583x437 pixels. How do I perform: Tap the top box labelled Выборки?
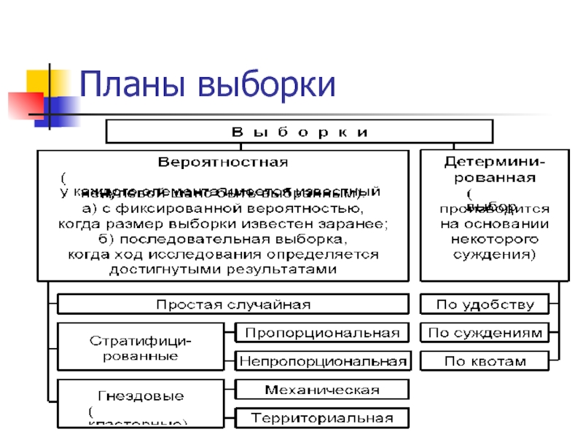(x=300, y=132)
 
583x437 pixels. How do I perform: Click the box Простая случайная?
(x=233, y=304)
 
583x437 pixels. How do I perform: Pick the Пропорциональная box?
(x=322, y=333)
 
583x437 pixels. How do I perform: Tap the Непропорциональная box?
(x=322, y=361)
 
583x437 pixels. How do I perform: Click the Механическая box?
(x=322, y=390)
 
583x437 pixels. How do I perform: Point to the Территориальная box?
(x=322, y=418)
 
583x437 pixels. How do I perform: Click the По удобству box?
(x=485, y=304)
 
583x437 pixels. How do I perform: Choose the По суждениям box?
(x=485, y=333)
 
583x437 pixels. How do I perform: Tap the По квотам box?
(x=485, y=361)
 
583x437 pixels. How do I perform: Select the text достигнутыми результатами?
(x=222, y=269)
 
